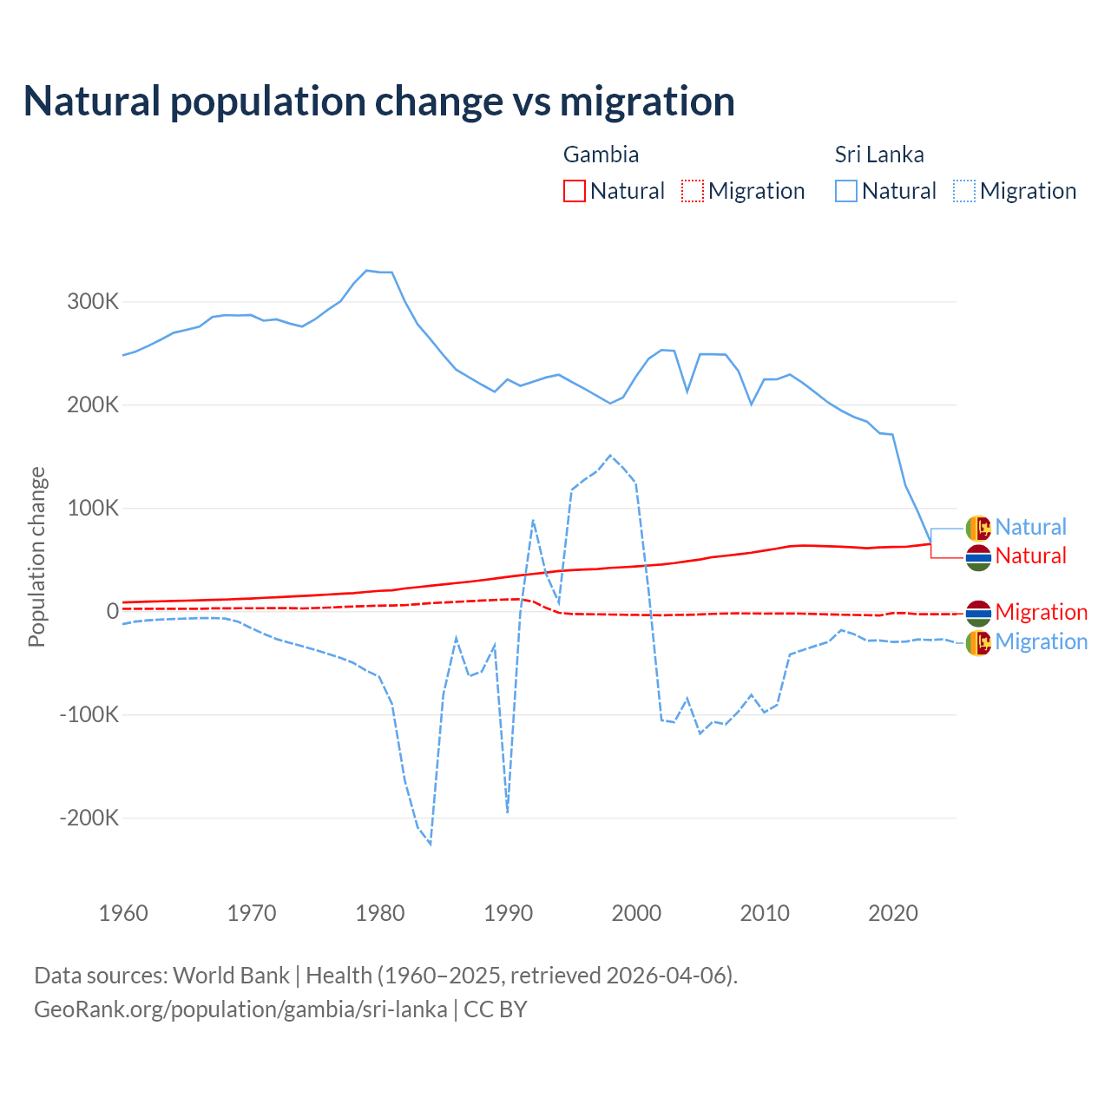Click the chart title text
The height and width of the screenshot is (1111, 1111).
[378, 102]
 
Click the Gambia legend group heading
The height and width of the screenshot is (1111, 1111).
[601, 154]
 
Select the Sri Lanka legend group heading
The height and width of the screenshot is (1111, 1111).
[878, 154]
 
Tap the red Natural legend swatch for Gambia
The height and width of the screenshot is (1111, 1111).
[574, 191]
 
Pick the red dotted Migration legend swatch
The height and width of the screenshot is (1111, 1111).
[693, 191]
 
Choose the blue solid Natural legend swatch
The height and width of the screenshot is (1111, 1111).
[845, 191]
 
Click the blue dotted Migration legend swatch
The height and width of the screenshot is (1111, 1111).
[964, 191]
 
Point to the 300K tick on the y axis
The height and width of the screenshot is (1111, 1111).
[93, 302]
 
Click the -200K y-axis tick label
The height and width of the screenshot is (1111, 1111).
[89, 818]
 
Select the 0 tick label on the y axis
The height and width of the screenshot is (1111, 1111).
[112, 611]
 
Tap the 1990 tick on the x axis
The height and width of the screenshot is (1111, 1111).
[508, 913]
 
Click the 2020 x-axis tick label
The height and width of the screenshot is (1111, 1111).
[893, 913]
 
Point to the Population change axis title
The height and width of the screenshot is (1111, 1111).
[36, 556]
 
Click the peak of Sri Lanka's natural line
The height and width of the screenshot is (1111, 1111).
[366, 270]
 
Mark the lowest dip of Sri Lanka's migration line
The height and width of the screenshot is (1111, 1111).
[431, 844]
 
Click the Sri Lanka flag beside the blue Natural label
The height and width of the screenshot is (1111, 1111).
[978, 527]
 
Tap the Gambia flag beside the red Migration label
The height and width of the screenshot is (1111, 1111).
[978, 613]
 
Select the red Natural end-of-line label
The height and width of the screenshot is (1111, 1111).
[1030, 555]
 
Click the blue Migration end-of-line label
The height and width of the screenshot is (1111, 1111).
[1041, 641]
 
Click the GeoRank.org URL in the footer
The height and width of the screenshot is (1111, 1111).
[240, 1009]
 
